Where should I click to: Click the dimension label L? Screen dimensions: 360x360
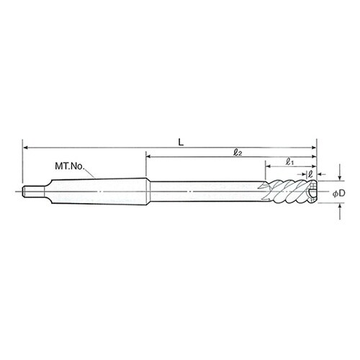coord(181,143)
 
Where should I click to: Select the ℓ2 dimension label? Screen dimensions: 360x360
coord(238,153)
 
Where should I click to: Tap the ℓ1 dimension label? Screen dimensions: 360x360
coord(290,162)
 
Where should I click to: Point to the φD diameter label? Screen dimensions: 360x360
coord(338,193)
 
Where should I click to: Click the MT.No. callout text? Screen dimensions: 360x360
coord(70,166)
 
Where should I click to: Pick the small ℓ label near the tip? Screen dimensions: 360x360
coord(310,174)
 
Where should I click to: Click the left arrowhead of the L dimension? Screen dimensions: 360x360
coord(25,148)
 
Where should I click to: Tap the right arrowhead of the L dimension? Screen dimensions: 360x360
coord(314,148)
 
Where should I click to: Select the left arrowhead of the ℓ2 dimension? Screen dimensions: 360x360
coord(149,157)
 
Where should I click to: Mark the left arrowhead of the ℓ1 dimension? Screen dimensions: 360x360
coord(269,166)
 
